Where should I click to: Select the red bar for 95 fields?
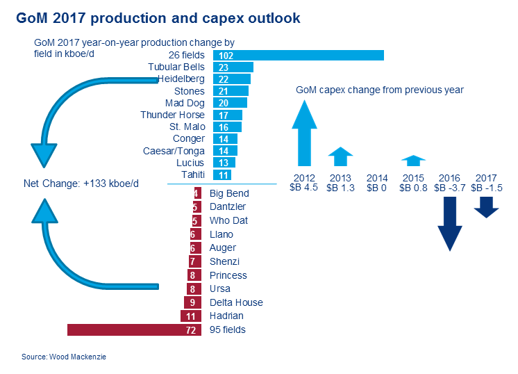pyautogui.click(x=133, y=330)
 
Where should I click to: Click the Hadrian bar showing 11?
pyautogui.click(x=190, y=316)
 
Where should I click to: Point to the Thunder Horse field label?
pyautogui.click(x=172, y=115)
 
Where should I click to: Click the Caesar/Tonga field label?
pyautogui.click(x=174, y=151)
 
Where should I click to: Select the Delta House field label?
pyautogui.click(x=236, y=302)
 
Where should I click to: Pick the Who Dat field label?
pyautogui.click(x=228, y=220)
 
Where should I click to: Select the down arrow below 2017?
pyautogui.click(x=487, y=207)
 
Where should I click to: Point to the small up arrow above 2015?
pyautogui.click(x=413, y=161)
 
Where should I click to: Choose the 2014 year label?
pyautogui.click(x=376, y=177)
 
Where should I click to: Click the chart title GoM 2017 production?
pyautogui.click(x=158, y=18)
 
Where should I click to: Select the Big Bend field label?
pyautogui.click(x=229, y=193)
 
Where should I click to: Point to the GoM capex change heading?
pyautogui.click(x=379, y=90)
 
